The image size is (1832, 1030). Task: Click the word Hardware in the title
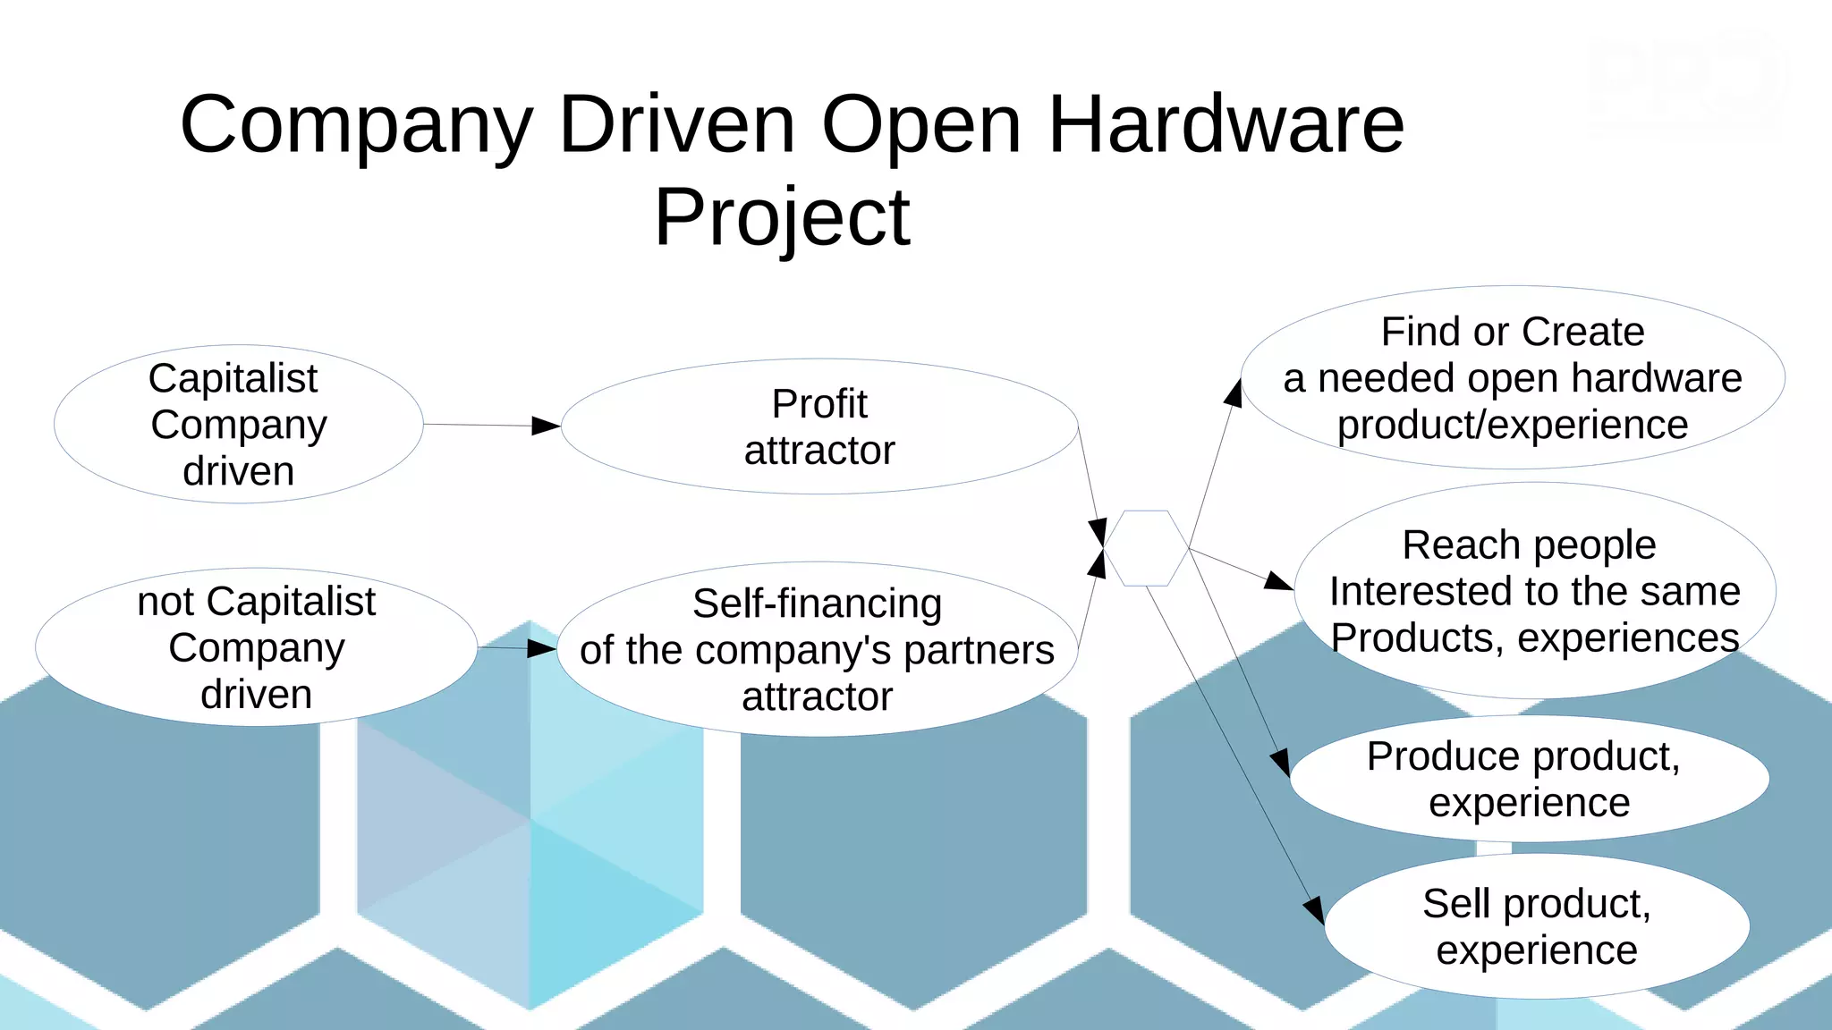pyautogui.click(x=1226, y=124)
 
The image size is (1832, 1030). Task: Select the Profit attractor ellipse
pyautogui.click(x=818, y=426)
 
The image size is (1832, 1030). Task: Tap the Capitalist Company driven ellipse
pyautogui.click(x=238, y=424)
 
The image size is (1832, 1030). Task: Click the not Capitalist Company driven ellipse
pyautogui.click(x=256, y=647)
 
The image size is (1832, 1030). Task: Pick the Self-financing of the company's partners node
pyautogui.click(x=817, y=649)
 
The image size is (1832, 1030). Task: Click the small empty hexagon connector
pyautogui.click(x=1146, y=548)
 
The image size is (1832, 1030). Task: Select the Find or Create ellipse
pyautogui.click(x=1512, y=377)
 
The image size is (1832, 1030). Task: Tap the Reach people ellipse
pyautogui.click(x=1534, y=591)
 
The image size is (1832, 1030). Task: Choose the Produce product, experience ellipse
pyautogui.click(x=1529, y=779)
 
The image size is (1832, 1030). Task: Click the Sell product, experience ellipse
pyautogui.click(x=1536, y=926)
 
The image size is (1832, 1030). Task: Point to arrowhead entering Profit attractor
pyautogui.click(x=546, y=426)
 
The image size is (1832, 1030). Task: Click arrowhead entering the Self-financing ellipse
pyautogui.click(x=541, y=648)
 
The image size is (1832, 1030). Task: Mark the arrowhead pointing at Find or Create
pyautogui.click(x=1234, y=393)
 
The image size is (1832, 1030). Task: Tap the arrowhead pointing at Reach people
pyautogui.click(x=1278, y=581)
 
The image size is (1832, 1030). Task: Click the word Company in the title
pyautogui.click(x=356, y=124)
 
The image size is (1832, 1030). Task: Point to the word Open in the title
pyautogui.click(x=920, y=124)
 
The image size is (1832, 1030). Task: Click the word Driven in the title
pyautogui.click(x=676, y=124)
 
